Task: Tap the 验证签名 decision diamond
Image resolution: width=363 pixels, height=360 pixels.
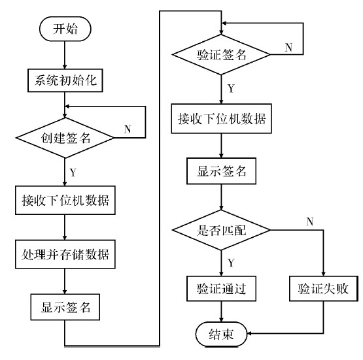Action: click(x=222, y=56)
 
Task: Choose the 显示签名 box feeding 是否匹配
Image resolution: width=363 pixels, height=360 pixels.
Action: click(x=222, y=172)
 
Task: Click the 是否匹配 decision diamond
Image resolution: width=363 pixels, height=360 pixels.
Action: click(x=222, y=230)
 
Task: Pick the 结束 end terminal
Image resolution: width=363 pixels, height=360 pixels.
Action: click(x=222, y=333)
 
